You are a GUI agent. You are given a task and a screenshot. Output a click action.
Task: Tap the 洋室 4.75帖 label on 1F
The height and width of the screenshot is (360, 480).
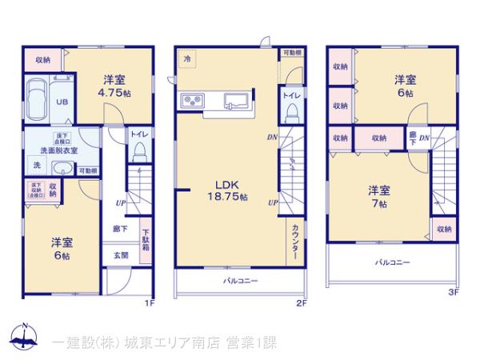click(x=114, y=86)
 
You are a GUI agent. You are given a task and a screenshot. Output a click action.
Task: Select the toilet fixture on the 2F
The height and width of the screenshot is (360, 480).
click(x=292, y=110)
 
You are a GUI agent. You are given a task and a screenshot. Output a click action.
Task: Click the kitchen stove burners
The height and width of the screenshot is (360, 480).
click(x=194, y=100)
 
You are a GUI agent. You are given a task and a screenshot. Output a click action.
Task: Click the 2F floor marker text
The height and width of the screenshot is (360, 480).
click(x=302, y=303)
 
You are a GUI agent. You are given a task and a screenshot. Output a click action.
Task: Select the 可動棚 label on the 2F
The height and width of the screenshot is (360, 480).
click(x=292, y=53)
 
